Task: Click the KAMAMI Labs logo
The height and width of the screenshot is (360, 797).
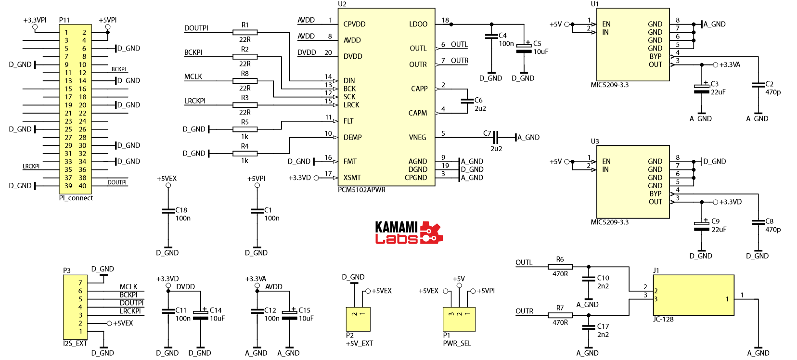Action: click(408, 233)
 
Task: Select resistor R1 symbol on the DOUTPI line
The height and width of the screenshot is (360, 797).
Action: click(244, 32)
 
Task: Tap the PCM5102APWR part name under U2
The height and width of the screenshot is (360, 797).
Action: click(361, 190)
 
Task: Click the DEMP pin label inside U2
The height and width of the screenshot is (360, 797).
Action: click(352, 137)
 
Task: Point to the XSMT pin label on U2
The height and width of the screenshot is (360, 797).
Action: click(352, 178)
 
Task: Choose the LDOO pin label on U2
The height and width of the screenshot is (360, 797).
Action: click(418, 24)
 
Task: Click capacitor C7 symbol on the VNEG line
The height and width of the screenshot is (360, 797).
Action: click(496, 137)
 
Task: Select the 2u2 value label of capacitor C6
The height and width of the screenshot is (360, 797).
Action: click(480, 108)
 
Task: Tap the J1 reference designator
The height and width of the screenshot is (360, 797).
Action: click(656, 270)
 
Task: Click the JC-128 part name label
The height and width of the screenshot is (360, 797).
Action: click(663, 319)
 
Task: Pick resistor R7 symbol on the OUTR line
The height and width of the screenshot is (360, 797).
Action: click(560, 315)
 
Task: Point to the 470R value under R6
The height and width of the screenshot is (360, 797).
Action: click(560, 274)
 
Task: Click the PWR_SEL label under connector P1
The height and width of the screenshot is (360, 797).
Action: click(457, 343)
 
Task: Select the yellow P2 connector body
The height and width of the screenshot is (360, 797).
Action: click(358, 319)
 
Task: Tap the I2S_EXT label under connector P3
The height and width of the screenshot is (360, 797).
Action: click(75, 343)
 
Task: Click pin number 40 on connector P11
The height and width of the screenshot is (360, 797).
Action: click(83, 186)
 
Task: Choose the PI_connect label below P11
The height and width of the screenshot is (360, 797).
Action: click(76, 198)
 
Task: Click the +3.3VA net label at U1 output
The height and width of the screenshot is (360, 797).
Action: click(730, 64)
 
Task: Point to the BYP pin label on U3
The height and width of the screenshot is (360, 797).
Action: click(656, 193)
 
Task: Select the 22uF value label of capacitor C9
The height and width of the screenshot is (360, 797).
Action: click(719, 230)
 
